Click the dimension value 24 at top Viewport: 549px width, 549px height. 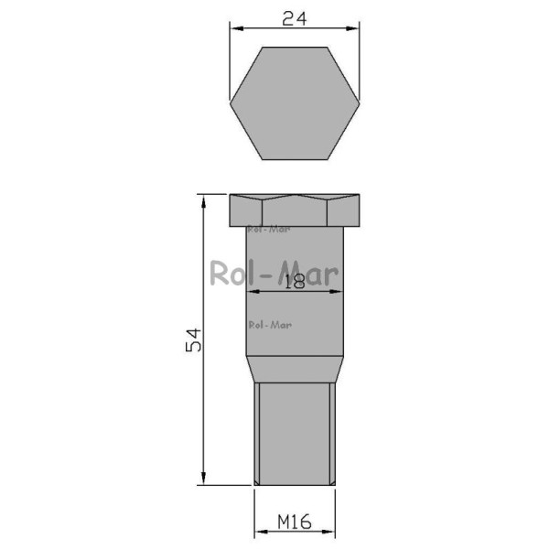tap(294, 18)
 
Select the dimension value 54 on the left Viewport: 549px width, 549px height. tap(193, 339)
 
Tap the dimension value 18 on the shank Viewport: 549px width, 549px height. tap(295, 282)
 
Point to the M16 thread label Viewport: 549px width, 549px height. tap(295, 522)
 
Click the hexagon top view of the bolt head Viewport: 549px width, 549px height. tap(295, 103)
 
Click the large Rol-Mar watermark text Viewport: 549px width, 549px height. tap(274, 273)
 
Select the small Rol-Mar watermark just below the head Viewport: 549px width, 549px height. tap(269, 230)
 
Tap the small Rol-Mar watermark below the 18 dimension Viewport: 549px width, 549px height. tap(270, 325)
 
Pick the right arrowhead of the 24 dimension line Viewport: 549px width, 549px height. tap(353, 28)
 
